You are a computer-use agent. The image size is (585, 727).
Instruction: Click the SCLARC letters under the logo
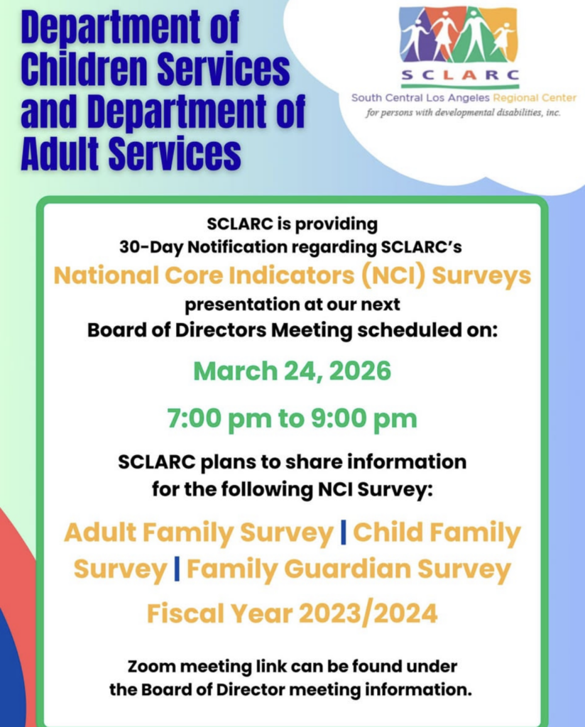(x=459, y=75)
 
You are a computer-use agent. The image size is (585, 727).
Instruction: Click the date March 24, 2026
(x=292, y=371)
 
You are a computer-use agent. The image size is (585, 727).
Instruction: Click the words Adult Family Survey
(x=198, y=533)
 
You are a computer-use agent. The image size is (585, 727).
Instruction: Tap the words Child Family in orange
(x=437, y=533)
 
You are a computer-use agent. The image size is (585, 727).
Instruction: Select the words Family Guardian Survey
(x=349, y=569)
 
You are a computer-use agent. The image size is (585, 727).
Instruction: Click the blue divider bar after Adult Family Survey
(x=344, y=533)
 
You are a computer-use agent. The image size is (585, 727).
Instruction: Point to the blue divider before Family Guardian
(x=177, y=569)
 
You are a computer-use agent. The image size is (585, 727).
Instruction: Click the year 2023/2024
(x=368, y=613)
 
